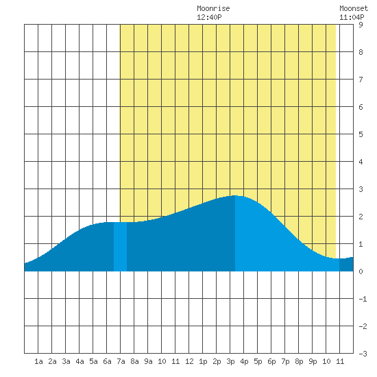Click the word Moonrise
[x=213, y=8]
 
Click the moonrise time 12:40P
[x=209, y=17]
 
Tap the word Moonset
[x=354, y=8]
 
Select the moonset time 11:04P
[x=352, y=17]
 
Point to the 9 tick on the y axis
[x=361, y=25]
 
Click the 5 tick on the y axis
[x=361, y=134]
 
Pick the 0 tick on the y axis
[x=361, y=271]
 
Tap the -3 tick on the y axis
[x=363, y=354]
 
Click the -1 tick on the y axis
[x=363, y=299]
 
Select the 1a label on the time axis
[x=38, y=361]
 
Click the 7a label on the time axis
[x=121, y=361]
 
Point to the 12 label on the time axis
[x=189, y=361]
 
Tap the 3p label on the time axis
[x=230, y=361]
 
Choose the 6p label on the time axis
[x=271, y=361]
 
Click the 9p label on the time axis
[x=313, y=361]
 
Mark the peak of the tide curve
[x=235, y=195]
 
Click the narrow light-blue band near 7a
[x=120, y=247]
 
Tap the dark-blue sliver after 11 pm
[x=346, y=265]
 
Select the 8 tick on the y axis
[x=361, y=52]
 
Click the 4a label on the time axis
[x=80, y=361]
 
